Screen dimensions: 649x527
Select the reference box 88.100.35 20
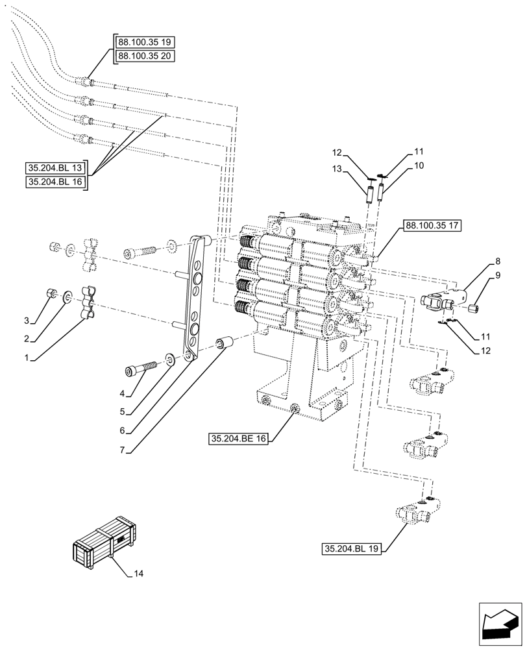click(144, 56)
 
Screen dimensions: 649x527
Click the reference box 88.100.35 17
click(432, 227)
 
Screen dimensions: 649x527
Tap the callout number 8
click(497, 262)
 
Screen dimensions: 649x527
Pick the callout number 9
click(497, 275)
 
